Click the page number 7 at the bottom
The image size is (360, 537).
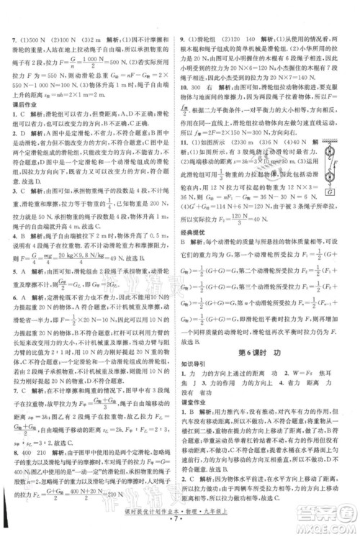179,517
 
